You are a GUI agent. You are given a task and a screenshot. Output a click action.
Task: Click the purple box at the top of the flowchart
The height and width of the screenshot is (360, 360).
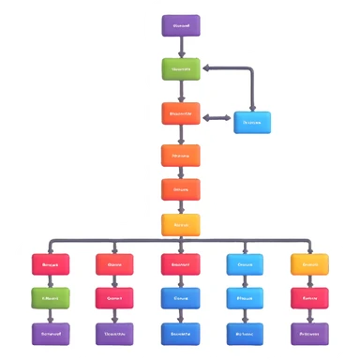coord(181,26)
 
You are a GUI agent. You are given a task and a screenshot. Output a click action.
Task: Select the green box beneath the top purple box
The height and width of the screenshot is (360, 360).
coord(181,69)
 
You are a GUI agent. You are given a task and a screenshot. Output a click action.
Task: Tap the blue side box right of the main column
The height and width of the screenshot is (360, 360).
coord(251,122)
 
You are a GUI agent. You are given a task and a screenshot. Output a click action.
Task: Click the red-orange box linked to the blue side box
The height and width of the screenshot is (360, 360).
coord(181,114)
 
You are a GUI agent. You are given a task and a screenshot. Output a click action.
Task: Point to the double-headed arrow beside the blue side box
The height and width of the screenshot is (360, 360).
coord(217,118)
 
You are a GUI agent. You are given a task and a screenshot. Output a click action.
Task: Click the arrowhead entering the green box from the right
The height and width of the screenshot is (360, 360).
coord(207,67)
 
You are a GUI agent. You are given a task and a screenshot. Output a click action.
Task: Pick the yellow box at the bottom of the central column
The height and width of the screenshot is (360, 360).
coord(181,225)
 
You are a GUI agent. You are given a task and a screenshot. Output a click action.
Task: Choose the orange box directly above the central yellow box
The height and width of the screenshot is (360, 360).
coord(181,189)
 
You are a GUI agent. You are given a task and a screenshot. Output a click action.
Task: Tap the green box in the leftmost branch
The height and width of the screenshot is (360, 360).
coord(51,298)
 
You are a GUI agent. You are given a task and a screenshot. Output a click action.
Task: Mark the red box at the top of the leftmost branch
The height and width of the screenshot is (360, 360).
coord(51,264)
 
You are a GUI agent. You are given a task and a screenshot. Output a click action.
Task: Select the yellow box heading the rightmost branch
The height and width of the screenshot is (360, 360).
coord(309,264)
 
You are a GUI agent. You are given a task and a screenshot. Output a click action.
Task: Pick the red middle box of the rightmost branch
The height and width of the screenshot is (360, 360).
coord(309,298)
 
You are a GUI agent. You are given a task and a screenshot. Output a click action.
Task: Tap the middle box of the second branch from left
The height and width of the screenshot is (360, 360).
coord(115,298)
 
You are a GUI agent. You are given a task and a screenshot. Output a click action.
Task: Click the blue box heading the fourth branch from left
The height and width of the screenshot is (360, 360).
coord(245,264)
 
